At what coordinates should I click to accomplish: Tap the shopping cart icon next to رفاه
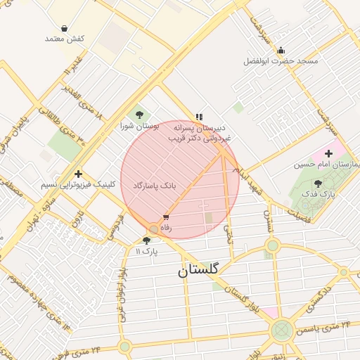coord(166,217)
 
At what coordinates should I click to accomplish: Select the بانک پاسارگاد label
coord(153,184)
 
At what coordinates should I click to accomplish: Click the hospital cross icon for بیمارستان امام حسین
coord(328,153)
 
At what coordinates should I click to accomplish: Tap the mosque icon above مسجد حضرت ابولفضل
coord(281,50)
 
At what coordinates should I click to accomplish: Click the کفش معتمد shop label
coord(65,38)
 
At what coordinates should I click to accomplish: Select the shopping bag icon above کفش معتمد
coord(65,28)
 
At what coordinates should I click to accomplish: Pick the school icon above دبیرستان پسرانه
coord(199,116)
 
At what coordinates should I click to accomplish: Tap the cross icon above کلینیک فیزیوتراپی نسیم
coord(78,174)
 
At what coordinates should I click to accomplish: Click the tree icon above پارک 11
coord(146,240)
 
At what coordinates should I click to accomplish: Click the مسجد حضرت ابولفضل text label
coord(281,61)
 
